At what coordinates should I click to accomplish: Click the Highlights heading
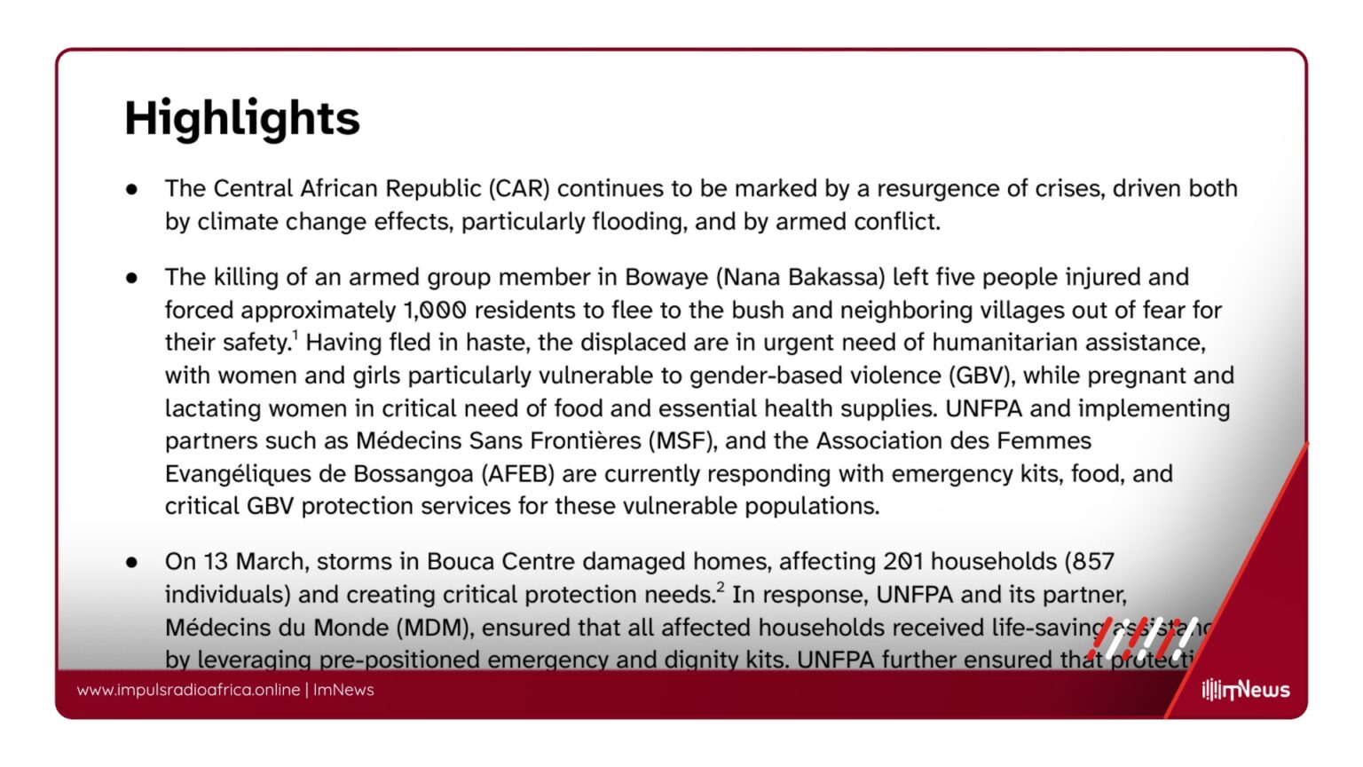(x=241, y=118)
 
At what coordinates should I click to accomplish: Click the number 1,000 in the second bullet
(x=435, y=311)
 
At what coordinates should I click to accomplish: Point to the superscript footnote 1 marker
(x=295, y=335)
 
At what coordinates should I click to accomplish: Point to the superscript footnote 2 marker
(x=721, y=587)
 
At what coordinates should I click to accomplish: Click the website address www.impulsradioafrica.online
(x=188, y=690)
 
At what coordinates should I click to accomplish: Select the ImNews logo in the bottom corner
(x=1246, y=690)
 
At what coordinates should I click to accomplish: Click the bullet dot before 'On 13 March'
(x=132, y=562)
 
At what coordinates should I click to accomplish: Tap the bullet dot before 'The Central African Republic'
(x=132, y=189)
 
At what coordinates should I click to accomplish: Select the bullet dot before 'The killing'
(x=132, y=278)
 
